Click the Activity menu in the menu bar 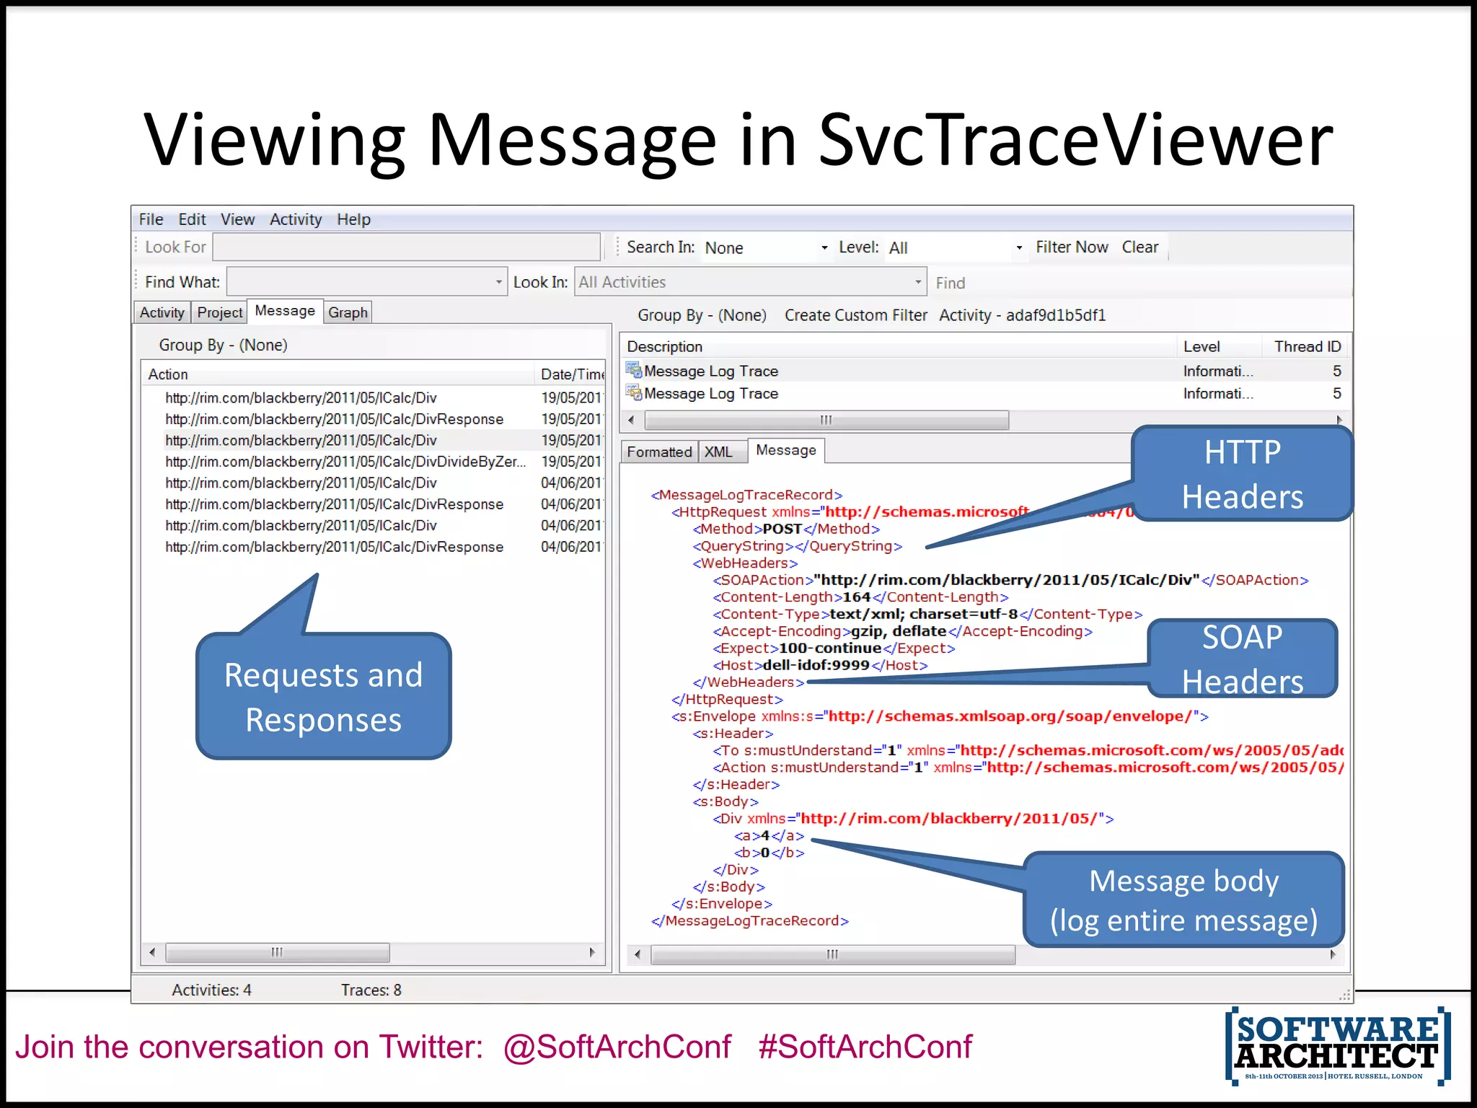point(296,219)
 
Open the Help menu point(353,219)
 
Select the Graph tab point(348,312)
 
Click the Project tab point(219,312)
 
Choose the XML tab point(718,452)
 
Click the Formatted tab point(658,452)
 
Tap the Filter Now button point(1072,247)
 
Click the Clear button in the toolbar point(1139,247)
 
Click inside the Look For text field point(406,247)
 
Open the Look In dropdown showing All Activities point(750,282)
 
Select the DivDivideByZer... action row point(345,462)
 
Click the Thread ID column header point(1307,347)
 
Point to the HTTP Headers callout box point(1242,474)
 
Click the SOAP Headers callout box point(1242,659)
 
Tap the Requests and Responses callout point(323,697)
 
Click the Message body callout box point(1183,900)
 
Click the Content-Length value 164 point(857,597)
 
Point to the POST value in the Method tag point(782,529)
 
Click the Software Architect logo point(1337,1045)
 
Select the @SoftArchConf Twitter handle point(617,1047)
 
